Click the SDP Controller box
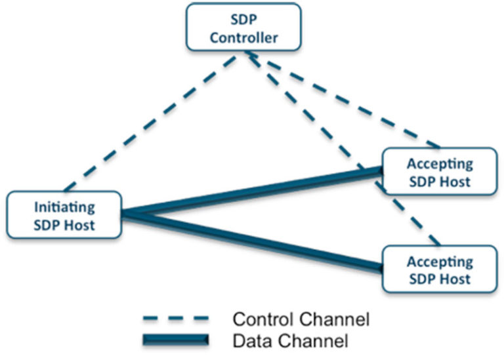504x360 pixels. click(x=243, y=27)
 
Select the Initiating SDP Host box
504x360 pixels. click(x=64, y=216)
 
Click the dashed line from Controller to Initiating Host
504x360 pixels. click(x=151, y=122)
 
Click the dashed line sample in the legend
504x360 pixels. click(x=175, y=319)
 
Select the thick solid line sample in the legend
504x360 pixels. click(x=175, y=339)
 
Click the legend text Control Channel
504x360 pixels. click(x=301, y=319)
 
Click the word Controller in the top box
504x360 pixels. click(x=243, y=37)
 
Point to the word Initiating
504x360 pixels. click(x=64, y=207)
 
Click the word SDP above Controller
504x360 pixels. click(x=243, y=18)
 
